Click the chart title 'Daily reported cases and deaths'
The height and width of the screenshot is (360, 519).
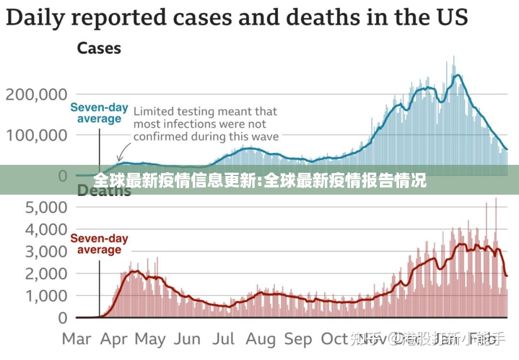(236, 18)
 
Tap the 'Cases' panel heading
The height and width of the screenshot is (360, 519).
(99, 49)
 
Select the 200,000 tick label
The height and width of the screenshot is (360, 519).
(37, 94)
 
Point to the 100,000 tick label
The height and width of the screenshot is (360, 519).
(37, 135)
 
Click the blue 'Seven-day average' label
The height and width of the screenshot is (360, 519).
(99, 113)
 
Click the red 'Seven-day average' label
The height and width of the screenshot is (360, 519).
(99, 244)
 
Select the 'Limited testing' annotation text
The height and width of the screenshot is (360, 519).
(206, 124)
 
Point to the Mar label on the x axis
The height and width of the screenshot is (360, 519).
(76, 339)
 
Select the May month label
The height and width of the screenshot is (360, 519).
(150, 339)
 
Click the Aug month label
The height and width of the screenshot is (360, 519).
(261, 339)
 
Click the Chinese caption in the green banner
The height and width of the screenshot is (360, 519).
(259, 181)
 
